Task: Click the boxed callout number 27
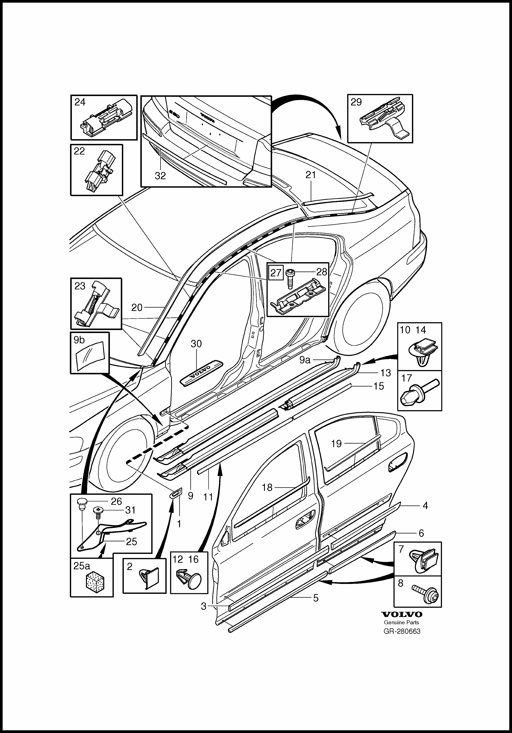click(276, 273)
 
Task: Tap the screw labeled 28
click(291, 277)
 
